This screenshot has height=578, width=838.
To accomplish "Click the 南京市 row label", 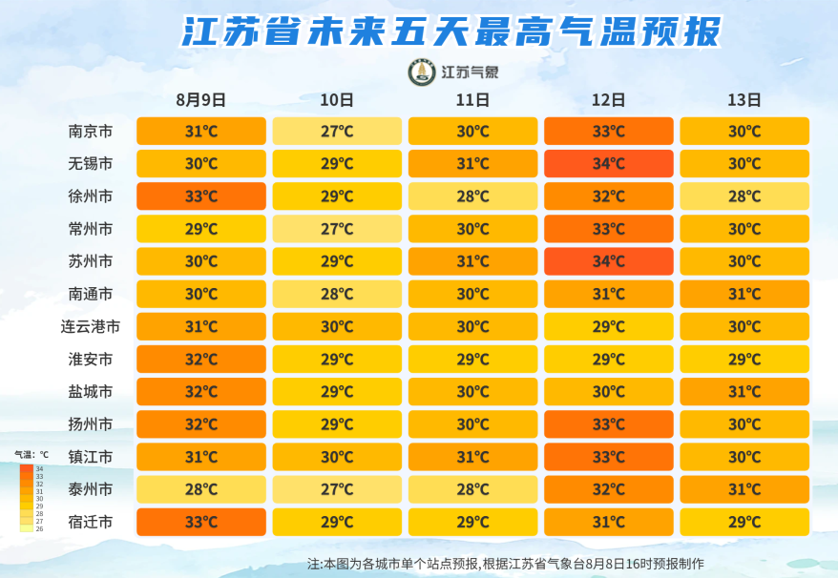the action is coord(91,131).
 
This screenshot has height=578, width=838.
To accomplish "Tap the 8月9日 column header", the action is coord(201,100).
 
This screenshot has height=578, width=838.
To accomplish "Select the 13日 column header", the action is coord(744,100).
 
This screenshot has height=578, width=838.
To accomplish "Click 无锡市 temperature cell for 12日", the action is coord(609,163).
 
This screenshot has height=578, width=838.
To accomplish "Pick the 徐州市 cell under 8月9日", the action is coord(201,196).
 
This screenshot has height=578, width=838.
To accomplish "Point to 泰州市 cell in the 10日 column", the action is coord(337,489).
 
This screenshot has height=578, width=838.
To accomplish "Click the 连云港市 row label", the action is coord(91,326).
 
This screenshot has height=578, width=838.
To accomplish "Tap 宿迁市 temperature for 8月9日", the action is coord(201,522).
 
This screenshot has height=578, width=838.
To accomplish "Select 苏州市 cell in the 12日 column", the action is coord(609,261).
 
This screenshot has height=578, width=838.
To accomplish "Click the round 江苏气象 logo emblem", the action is coord(422,72).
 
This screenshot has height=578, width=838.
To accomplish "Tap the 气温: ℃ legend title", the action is coord(31,455).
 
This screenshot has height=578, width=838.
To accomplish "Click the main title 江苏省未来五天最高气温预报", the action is coord(451,31).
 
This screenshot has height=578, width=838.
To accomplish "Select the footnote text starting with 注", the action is coord(506,564).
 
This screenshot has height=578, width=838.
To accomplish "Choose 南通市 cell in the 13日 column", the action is coord(744,294).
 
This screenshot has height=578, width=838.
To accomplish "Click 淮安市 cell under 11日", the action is coord(473,359).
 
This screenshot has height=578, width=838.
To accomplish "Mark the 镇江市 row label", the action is coord(91,457).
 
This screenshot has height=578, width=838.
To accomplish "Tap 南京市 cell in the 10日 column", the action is coord(337,131).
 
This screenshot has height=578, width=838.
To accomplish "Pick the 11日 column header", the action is coord(473,100).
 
